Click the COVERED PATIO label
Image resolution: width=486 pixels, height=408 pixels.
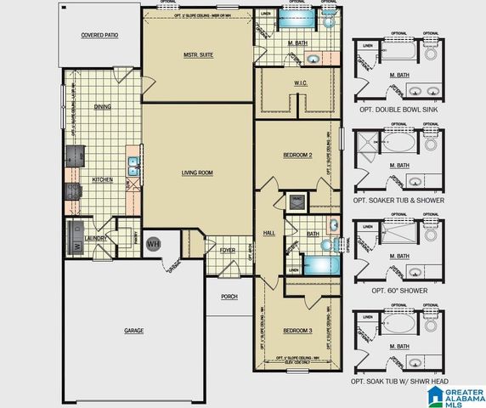[x=99, y=36]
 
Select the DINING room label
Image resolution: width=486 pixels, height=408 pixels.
[x=103, y=107]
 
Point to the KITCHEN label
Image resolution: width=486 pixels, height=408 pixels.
[x=103, y=179]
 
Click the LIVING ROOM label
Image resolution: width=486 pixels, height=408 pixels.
[x=197, y=173]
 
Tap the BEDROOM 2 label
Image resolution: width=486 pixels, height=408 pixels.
[x=298, y=156]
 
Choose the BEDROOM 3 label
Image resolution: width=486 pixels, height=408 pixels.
[x=298, y=330]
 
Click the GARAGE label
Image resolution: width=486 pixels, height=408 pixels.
[x=133, y=330]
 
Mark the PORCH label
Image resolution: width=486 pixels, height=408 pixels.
[x=229, y=297]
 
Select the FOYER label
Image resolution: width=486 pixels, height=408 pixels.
[x=228, y=251]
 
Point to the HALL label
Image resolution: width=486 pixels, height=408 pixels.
[x=270, y=232]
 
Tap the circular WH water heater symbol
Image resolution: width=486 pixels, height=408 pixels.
[x=154, y=244]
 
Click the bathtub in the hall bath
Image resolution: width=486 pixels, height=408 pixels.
[x=319, y=263]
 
